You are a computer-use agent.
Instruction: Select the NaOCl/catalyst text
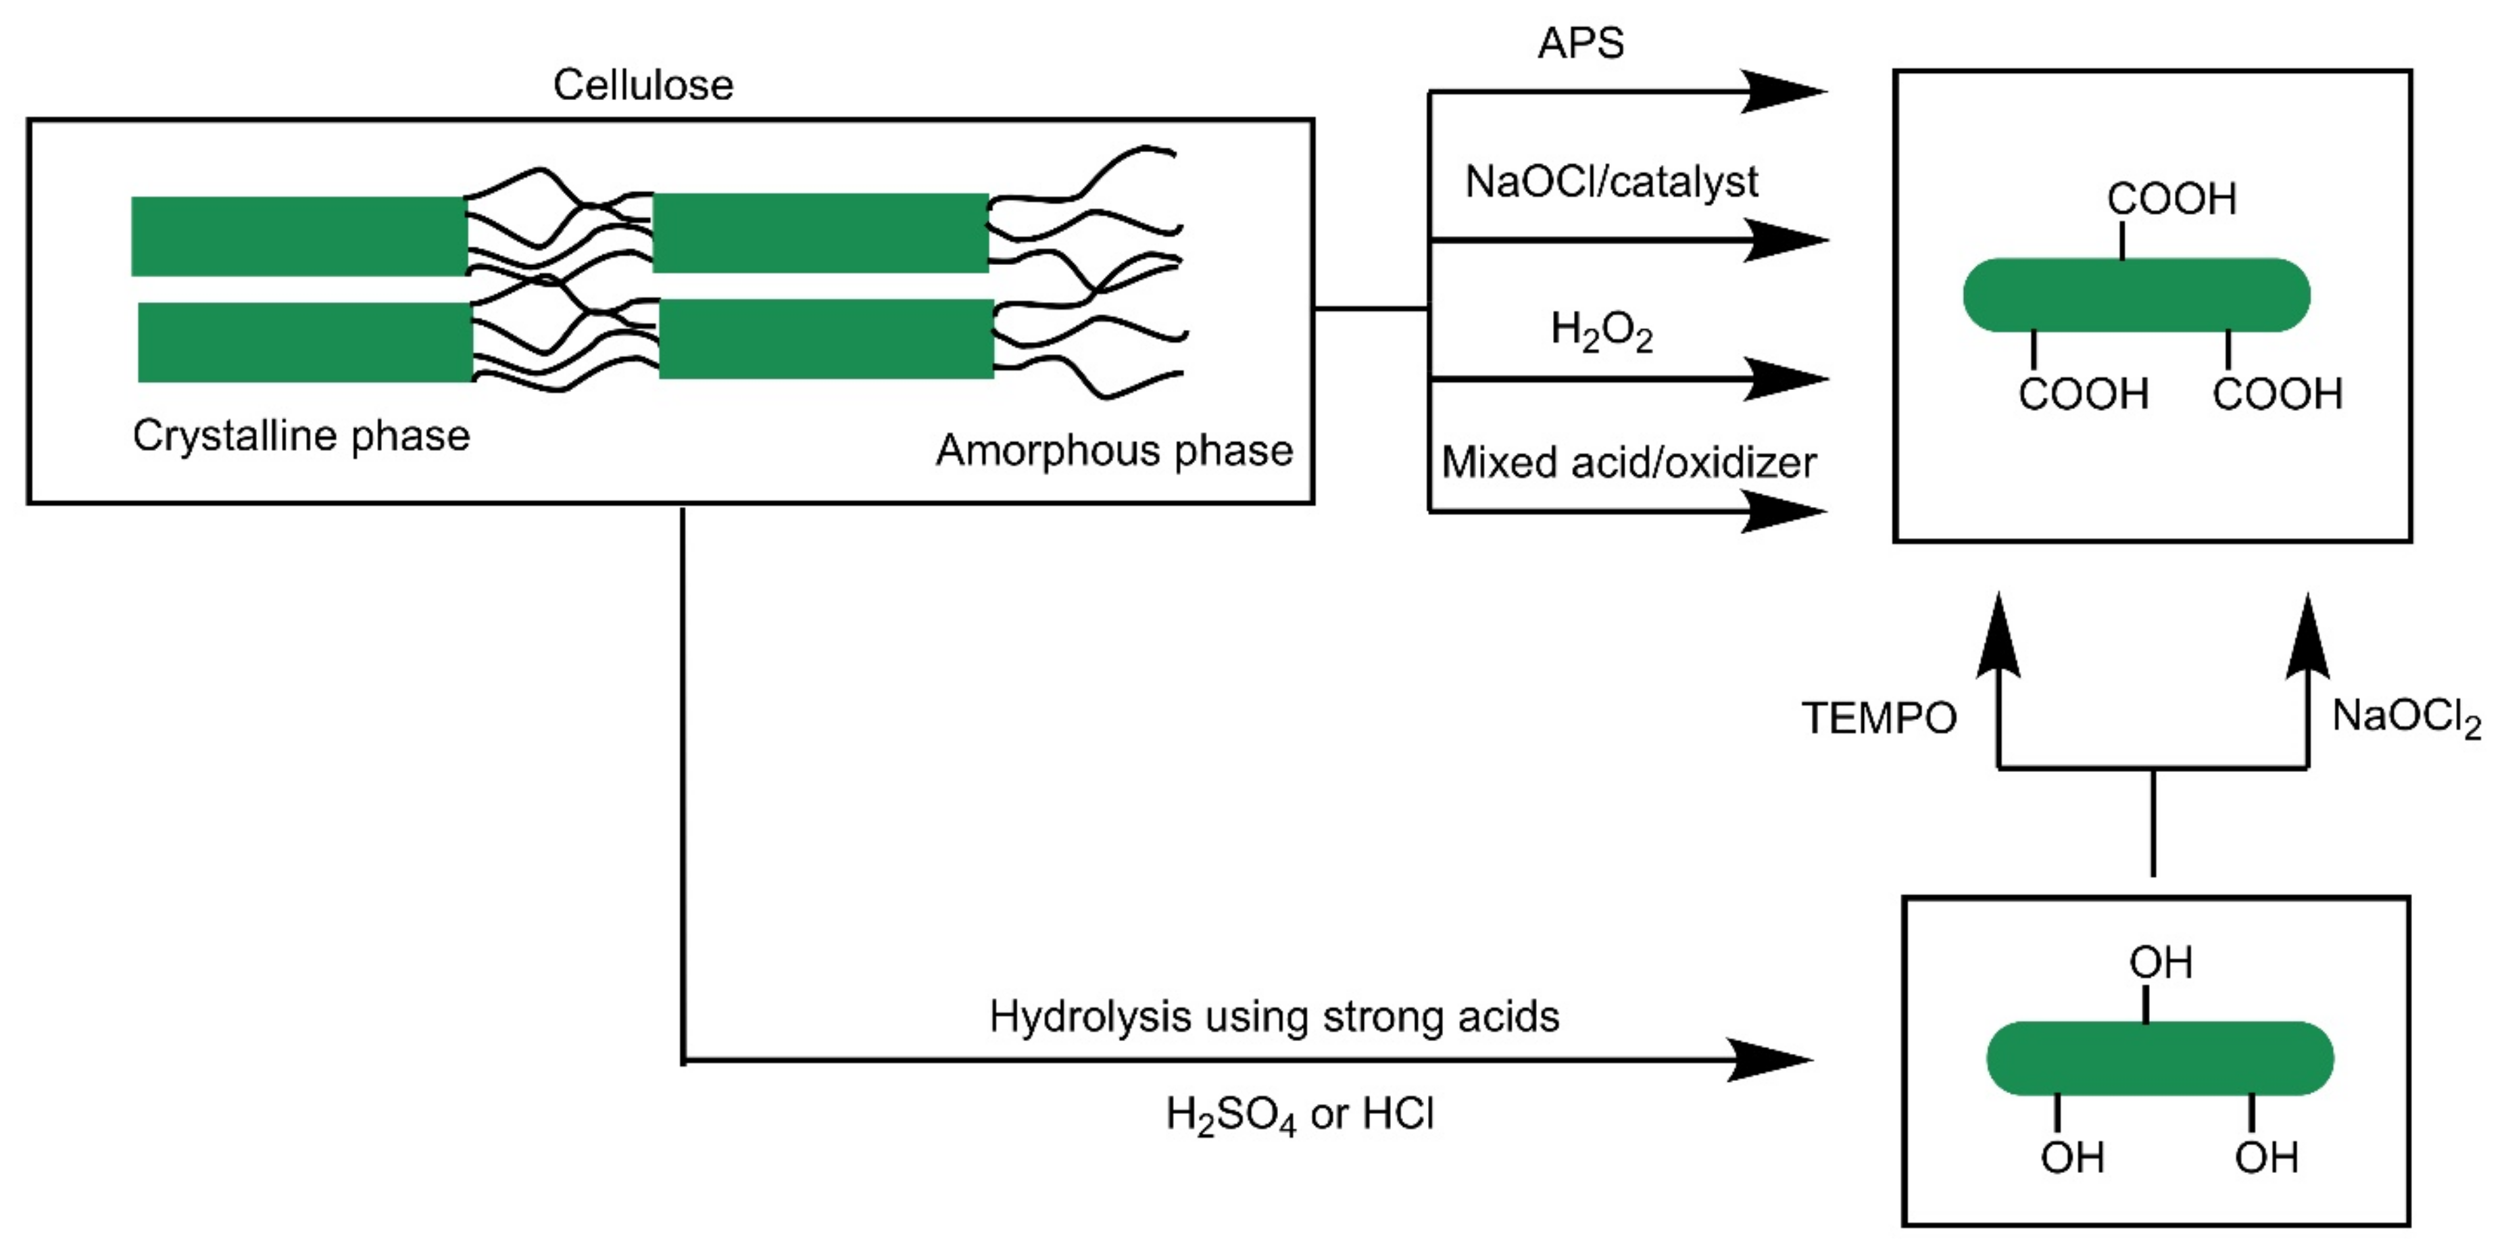point(1612,182)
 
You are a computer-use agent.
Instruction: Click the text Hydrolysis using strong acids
point(1273,1017)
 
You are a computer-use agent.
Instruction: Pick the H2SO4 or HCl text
point(1300,1115)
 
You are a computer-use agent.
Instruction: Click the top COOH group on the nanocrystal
point(2171,199)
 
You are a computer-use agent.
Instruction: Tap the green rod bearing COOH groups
point(2136,295)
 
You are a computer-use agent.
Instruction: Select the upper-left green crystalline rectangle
point(299,237)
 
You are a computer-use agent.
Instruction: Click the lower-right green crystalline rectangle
point(826,339)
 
